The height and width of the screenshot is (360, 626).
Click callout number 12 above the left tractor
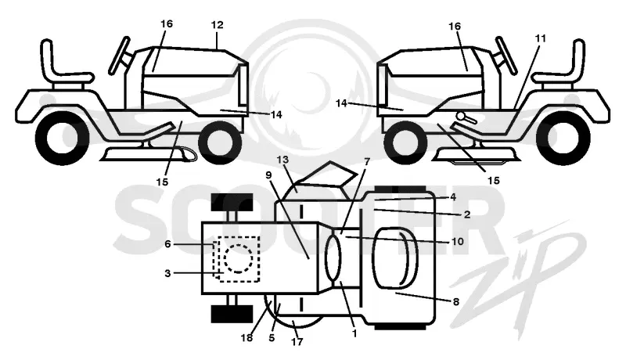tap(218, 25)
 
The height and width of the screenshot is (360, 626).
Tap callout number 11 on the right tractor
tap(541, 38)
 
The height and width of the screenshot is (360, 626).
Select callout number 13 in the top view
tap(282, 160)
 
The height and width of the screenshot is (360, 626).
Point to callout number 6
tap(167, 244)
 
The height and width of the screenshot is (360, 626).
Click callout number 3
tap(167, 273)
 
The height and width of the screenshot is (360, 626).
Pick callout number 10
tap(458, 242)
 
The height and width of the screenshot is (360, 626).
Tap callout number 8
tap(456, 302)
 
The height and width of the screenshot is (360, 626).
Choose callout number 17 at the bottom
tap(297, 342)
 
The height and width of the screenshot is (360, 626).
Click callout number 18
tap(246, 337)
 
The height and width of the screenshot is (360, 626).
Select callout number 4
tap(453, 196)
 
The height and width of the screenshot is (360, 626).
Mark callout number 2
tap(467, 214)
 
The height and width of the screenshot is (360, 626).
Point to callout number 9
tap(268, 175)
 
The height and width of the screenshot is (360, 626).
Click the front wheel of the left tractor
tap(220, 140)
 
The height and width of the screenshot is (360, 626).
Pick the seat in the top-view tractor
tap(395, 257)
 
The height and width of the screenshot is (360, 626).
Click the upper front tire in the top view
tap(232, 203)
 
